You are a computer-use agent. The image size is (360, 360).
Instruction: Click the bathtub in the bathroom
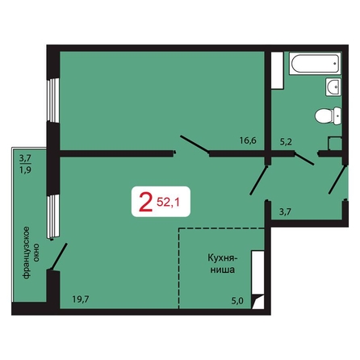pyautogui.click(x=315, y=64)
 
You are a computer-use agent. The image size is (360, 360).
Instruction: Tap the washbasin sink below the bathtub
pyautogui.click(x=333, y=86)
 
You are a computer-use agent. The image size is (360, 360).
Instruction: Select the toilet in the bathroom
pyautogui.click(x=329, y=115)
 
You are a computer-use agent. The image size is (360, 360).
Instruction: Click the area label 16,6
pyautogui.click(x=248, y=140)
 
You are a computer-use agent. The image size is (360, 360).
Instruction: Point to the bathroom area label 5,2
pyautogui.click(x=286, y=141)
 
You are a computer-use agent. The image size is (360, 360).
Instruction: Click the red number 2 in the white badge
pyautogui.click(x=144, y=202)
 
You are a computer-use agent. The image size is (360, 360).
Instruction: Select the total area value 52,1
pyautogui.click(x=168, y=202)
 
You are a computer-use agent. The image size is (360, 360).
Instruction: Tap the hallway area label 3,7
pyautogui.click(x=285, y=211)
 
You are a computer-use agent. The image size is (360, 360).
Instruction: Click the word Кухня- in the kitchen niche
pyautogui.click(x=223, y=257)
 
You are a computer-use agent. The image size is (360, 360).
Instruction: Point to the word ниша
pyautogui.click(x=222, y=270)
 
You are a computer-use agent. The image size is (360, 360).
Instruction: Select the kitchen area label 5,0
pyautogui.click(x=237, y=300)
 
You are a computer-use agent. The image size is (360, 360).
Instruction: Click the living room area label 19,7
pyautogui.click(x=81, y=299)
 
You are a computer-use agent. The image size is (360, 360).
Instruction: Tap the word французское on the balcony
pyautogui.click(x=26, y=253)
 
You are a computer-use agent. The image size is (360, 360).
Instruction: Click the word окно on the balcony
pyautogui.click(x=36, y=253)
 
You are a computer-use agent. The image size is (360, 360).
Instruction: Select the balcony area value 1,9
pyautogui.click(x=25, y=170)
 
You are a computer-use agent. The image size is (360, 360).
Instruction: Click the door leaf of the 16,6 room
pyautogui.click(x=195, y=145)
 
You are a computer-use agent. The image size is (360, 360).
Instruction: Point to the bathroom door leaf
pyautogui.click(x=303, y=158)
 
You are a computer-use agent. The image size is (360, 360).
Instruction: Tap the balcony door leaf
pyautogui.click(x=59, y=256)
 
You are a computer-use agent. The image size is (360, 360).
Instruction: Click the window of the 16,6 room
pyautogui.click(x=52, y=100)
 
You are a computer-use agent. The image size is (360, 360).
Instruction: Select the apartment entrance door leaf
pyautogui.click(x=338, y=179)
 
